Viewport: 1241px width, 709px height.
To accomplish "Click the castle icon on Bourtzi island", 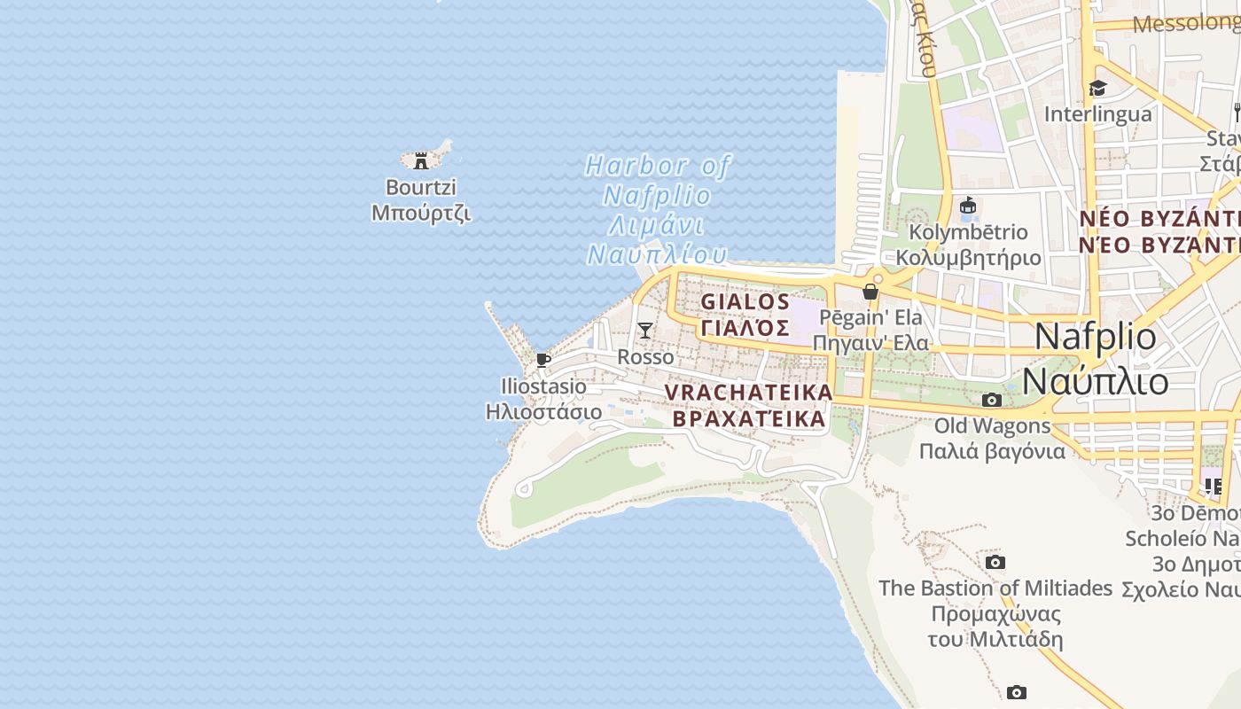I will (421, 160).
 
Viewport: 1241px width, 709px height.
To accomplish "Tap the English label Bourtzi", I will (421, 187).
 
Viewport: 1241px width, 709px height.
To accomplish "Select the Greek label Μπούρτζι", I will (421, 213).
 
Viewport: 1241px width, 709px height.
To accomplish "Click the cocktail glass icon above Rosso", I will (645, 331).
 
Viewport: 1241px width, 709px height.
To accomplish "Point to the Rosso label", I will (645, 356).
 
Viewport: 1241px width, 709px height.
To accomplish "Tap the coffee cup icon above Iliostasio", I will (543, 360).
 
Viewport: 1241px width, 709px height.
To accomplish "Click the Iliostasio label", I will (543, 386).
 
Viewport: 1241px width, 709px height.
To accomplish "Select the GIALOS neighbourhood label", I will (745, 301).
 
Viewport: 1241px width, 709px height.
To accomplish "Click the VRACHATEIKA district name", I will (749, 392).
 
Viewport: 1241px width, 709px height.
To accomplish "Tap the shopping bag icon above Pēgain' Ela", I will (870, 291).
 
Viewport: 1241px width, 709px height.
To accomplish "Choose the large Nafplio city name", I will (1096, 337).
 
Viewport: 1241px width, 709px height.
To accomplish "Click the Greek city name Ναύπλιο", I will (1096, 381).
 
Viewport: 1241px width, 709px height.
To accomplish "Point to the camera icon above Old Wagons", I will (992, 400).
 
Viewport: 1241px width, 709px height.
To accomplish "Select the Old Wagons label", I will (992, 425).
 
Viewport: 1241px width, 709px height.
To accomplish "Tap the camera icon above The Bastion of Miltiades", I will (995, 562).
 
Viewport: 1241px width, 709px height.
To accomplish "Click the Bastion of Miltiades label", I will (995, 588).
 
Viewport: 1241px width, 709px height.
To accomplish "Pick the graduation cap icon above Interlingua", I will (1097, 88).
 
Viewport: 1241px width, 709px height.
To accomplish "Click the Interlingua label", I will (1097, 113).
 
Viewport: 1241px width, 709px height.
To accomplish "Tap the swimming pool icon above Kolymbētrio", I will (968, 206).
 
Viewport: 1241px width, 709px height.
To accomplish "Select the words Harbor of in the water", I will (658, 166).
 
